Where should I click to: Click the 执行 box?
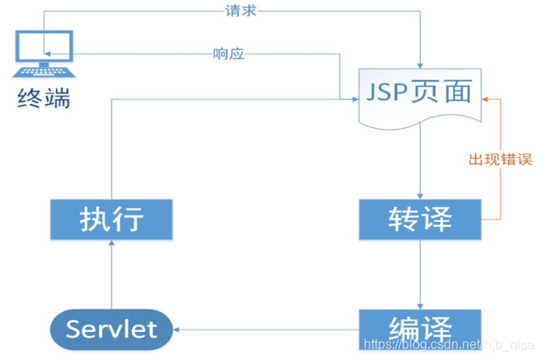(111, 219)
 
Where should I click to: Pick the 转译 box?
(420, 219)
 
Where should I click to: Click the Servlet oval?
(111, 330)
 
